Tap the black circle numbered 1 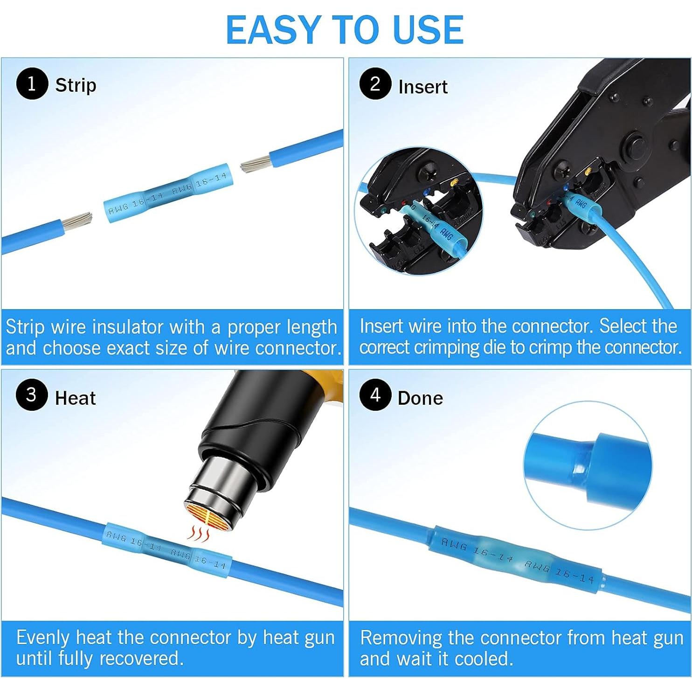(x=32, y=84)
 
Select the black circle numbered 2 (x=375, y=84)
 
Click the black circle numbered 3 (x=32, y=395)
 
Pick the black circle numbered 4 (x=375, y=395)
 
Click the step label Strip (x=76, y=85)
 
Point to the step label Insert (x=422, y=87)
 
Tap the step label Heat (x=75, y=398)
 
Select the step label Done (x=420, y=398)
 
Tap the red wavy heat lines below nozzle (x=198, y=533)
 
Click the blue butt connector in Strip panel (x=167, y=192)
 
